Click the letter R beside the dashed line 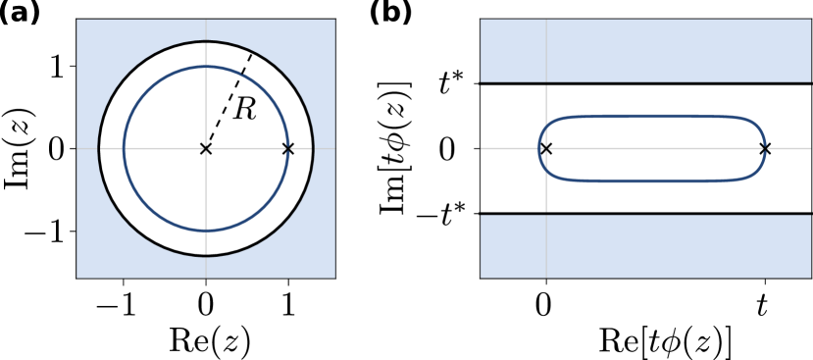pos(244,110)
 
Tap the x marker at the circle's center pos(206,149)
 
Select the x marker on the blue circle pos(287,149)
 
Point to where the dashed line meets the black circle pos(252,52)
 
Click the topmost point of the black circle pos(206,41)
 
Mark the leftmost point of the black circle pos(99,149)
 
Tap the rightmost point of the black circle pos(313,149)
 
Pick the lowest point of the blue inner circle pos(206,231)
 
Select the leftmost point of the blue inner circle pos(124,149)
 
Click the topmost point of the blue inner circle pos(206,67)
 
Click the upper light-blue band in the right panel pos(645,50)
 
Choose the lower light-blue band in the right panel pos(645,246)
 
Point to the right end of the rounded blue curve pos(765,149)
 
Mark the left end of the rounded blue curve pos(539,149)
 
